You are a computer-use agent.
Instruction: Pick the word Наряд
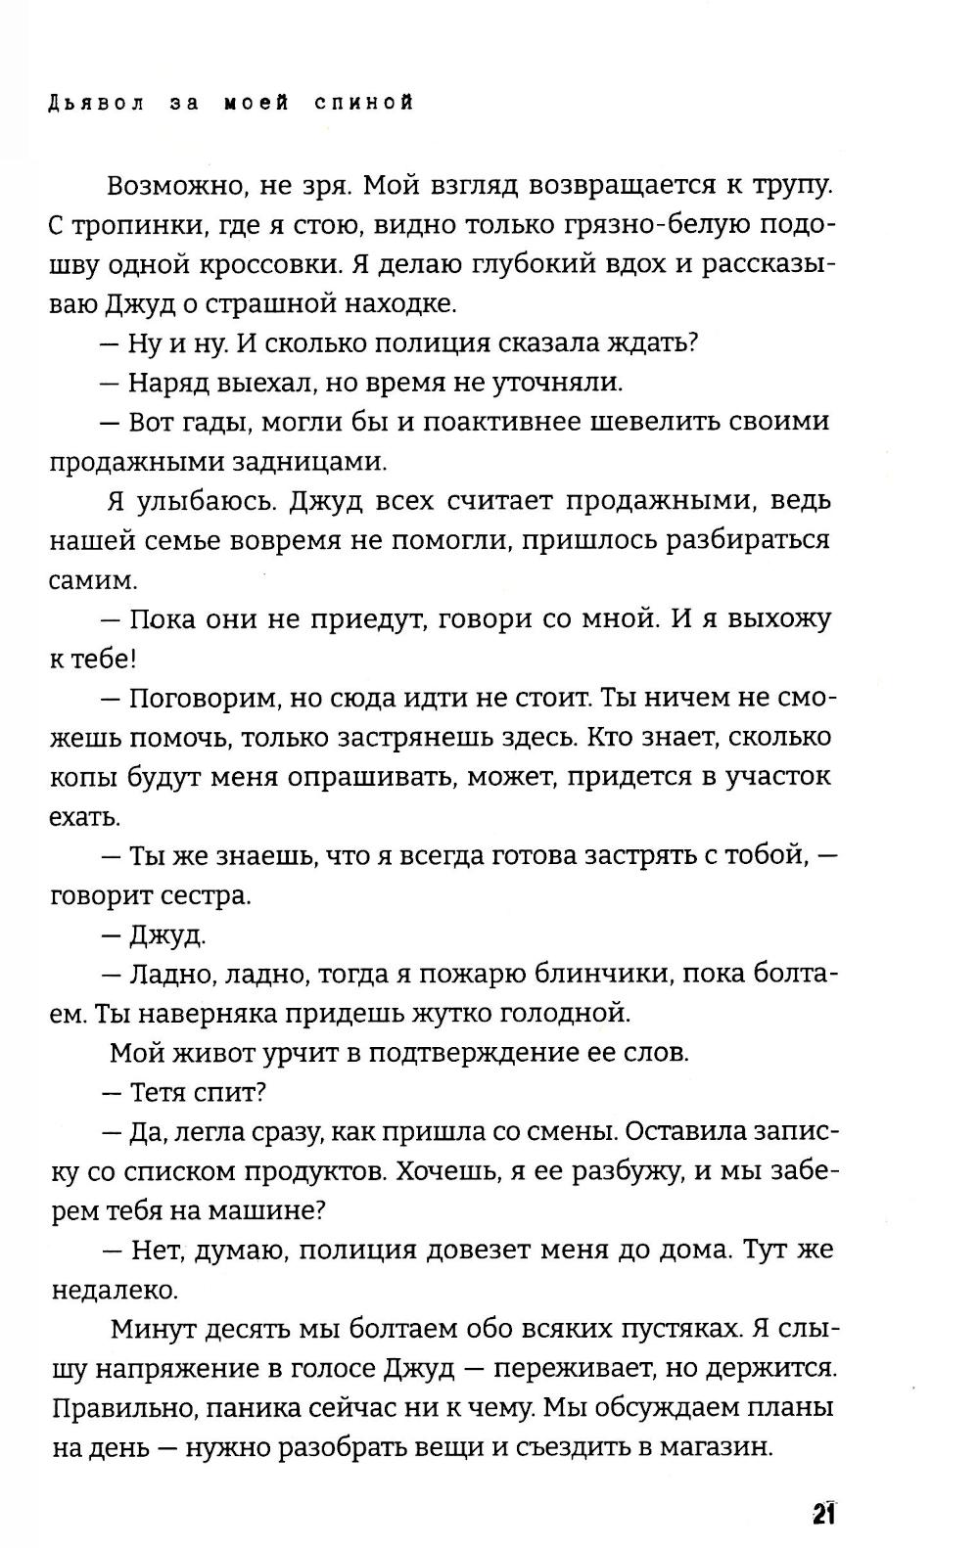(x=172, y=383)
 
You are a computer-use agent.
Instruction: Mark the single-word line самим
(x=93, y=580)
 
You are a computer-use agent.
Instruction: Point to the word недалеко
(x=114, y=1291)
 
